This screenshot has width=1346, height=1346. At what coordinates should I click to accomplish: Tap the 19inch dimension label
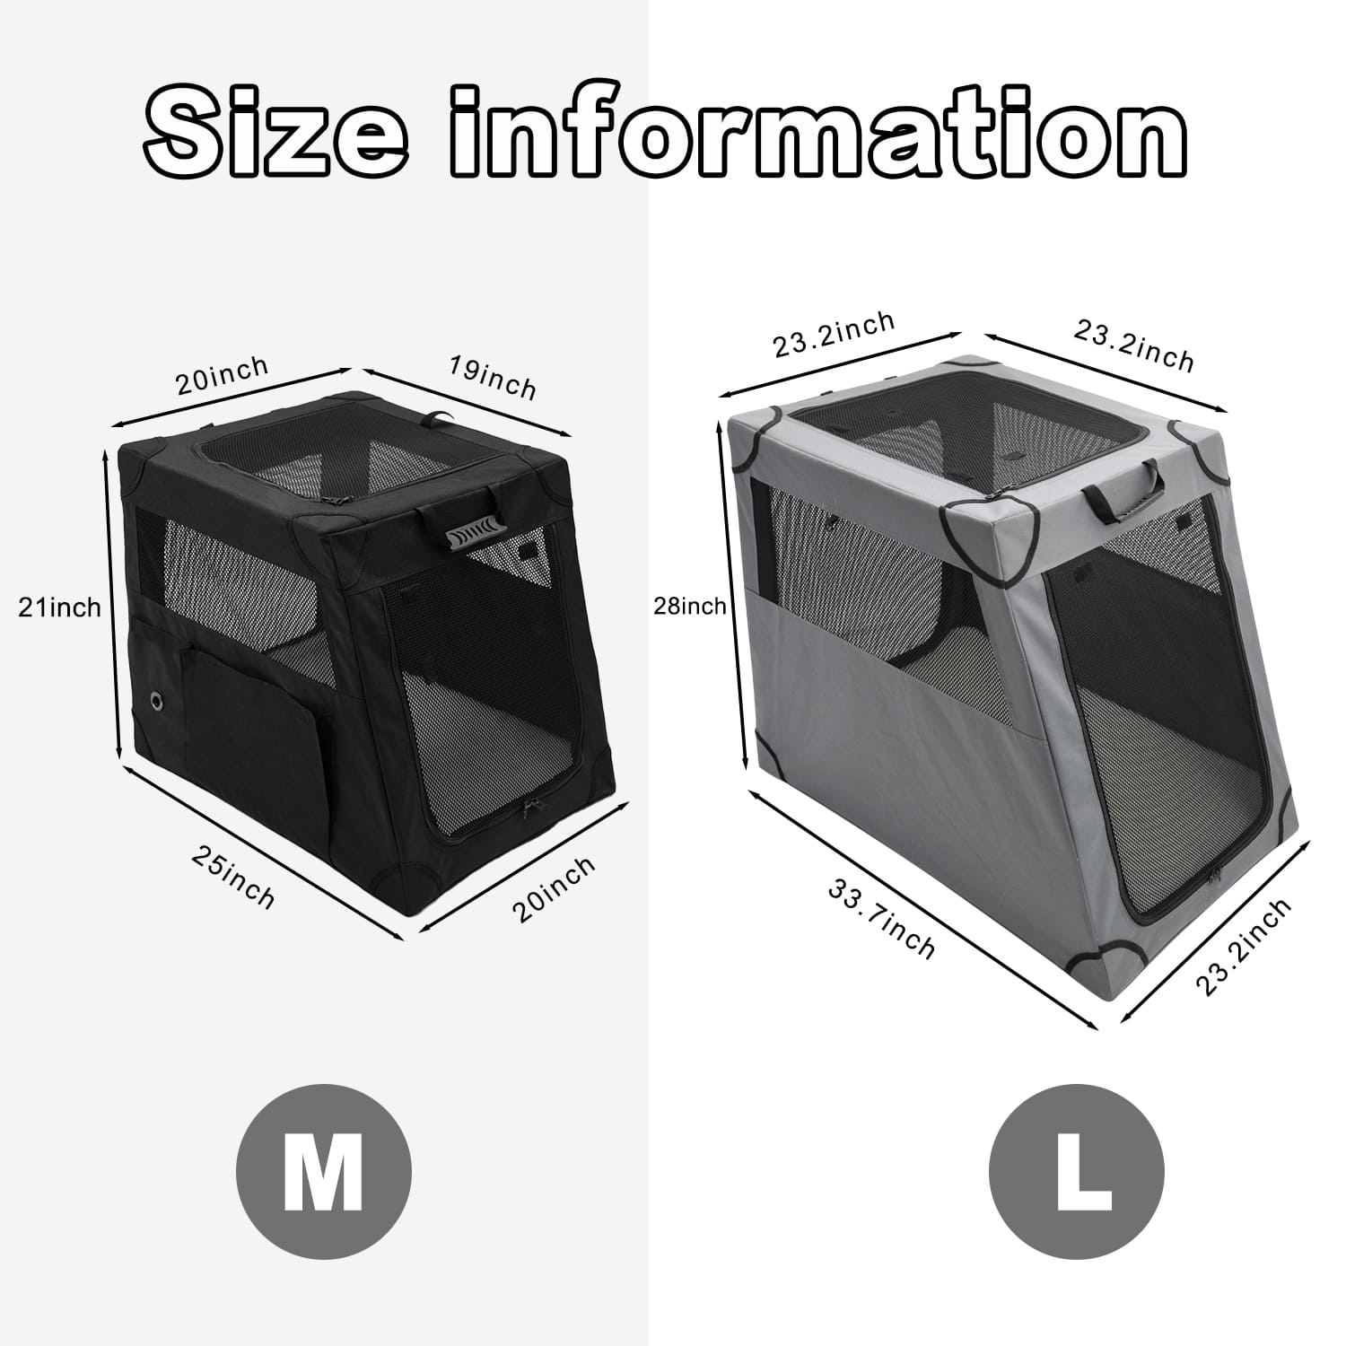(x=493, y=379)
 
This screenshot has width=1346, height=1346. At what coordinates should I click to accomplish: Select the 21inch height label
(x=60, y=607)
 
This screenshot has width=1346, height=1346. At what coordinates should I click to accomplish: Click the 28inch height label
(x=690, y=607)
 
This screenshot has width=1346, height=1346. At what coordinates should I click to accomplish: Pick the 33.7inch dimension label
(x=881, y=918)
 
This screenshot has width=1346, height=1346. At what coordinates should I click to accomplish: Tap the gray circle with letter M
(x=323, y=1171)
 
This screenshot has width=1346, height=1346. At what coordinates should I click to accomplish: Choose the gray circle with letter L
(x=1077, y=1171)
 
